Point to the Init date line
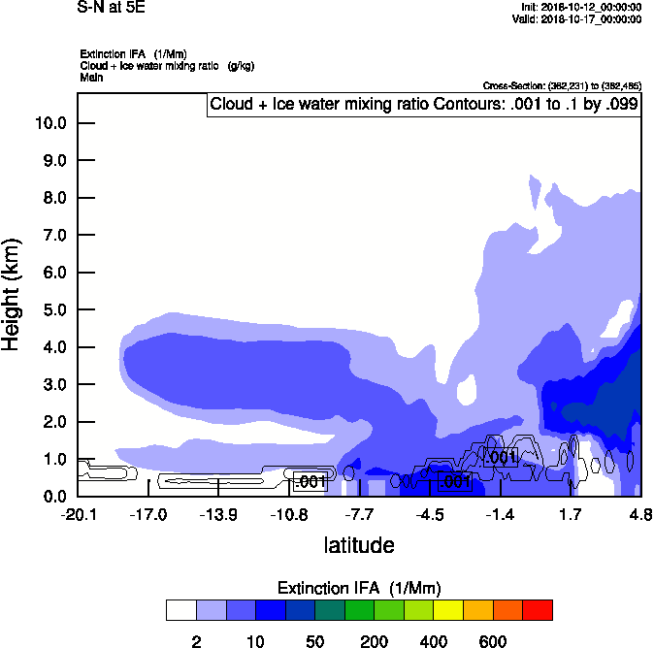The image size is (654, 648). pos(580,7)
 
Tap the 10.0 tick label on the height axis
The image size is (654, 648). pos(50,123)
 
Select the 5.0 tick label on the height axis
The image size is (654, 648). pos(54,310)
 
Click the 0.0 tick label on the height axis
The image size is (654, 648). pos(54,497)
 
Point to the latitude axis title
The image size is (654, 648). pos(359,545)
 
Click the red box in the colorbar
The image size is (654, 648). pos(538,610)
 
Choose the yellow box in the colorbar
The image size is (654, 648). pos(448,610)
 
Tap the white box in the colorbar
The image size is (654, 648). pos(180,610)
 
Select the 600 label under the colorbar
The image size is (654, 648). pos(493,641)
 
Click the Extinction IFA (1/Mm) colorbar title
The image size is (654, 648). pos(359,589)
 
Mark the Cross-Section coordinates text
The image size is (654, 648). pos(562,86)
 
